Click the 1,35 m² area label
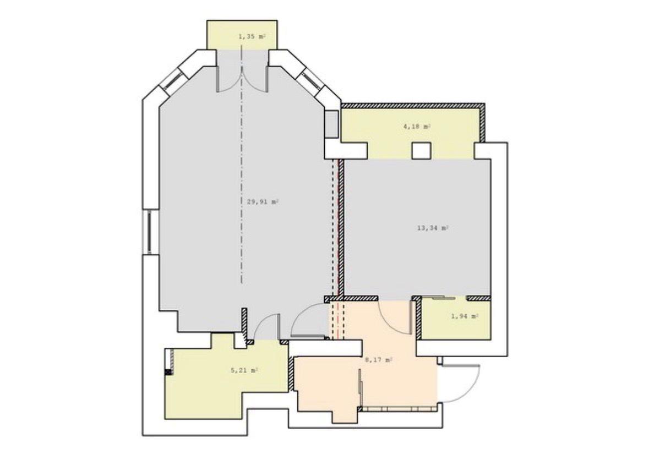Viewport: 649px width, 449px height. tap(252, 37)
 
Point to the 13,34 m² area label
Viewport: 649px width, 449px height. tap(433, 228)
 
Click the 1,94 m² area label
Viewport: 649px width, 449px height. tap(465, 316)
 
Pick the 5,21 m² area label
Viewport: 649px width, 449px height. tap(244, 370)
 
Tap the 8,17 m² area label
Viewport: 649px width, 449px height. tap(378, 360)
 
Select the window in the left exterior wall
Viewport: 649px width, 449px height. tap(149, 232)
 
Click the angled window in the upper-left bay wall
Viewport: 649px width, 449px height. tap(171, 81)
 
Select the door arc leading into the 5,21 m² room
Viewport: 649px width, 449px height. tap(265, 327)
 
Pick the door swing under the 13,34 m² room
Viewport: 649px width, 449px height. tap(393, 316)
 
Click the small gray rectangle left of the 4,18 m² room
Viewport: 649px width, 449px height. tap(332, 124)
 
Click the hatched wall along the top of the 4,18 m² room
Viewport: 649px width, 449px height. tap(414, 106)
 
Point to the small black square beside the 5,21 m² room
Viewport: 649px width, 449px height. tap(168, 371)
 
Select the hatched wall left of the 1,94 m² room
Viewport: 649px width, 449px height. tap(418, 318)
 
